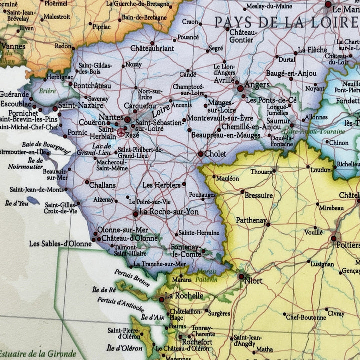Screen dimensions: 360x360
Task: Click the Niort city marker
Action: click(241, 276)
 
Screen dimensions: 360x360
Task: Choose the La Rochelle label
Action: click(184, 296)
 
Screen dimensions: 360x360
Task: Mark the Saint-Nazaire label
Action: click(81, 106)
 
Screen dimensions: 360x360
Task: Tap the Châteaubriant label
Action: click(152, 48)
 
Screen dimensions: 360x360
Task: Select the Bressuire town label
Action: click(259, 196)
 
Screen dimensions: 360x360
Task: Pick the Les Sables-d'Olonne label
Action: click(60, 244)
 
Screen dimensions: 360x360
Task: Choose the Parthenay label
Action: click(251, 220)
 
